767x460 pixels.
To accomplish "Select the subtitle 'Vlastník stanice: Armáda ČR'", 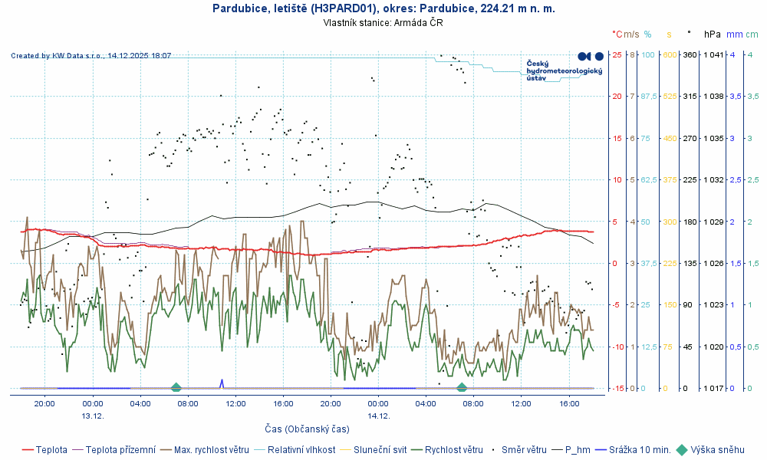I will click(383, 23).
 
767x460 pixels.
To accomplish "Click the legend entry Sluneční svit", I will click(380, 450).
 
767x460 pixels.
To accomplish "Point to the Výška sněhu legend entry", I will click(717, 450).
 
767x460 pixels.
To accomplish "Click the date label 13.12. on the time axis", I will click(93, 416).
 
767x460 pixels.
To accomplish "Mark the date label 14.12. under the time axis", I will click(378, 416).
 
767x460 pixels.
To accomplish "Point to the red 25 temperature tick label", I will click(617, 54).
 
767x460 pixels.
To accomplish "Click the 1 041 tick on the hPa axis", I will click(713, 54).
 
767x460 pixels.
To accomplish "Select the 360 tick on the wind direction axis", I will click(689, 54).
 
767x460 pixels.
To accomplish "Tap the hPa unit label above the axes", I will click(713, 34).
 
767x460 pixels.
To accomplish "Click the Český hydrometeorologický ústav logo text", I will click(564, 71).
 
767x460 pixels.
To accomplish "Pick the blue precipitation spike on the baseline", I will click(222, 383).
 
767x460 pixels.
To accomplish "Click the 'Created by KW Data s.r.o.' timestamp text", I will click(91, 56).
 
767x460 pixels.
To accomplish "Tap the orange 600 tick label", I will click(668, 54).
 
